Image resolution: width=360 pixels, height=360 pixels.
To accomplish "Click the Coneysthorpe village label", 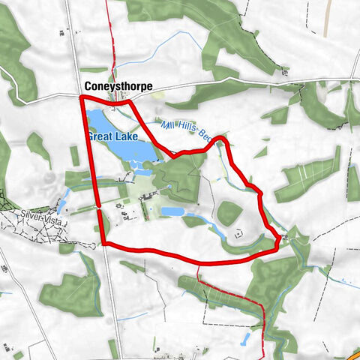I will point(118,87).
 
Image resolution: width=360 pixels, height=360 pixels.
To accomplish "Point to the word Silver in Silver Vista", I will point(31,214).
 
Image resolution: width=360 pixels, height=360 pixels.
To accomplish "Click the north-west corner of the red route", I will point(81,96).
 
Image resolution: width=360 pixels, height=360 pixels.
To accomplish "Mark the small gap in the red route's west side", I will point(98,207).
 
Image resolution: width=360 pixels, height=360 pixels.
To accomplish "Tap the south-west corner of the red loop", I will point(102,244).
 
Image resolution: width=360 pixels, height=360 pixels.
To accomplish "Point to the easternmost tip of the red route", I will point(280,239).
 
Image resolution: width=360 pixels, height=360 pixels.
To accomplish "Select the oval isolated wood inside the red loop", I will point(229,213).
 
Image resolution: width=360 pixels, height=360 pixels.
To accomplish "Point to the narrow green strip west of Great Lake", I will point(75,155).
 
